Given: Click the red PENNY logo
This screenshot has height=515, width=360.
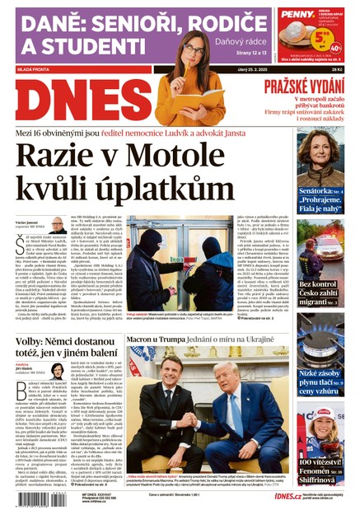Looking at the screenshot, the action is pos(297,14).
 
